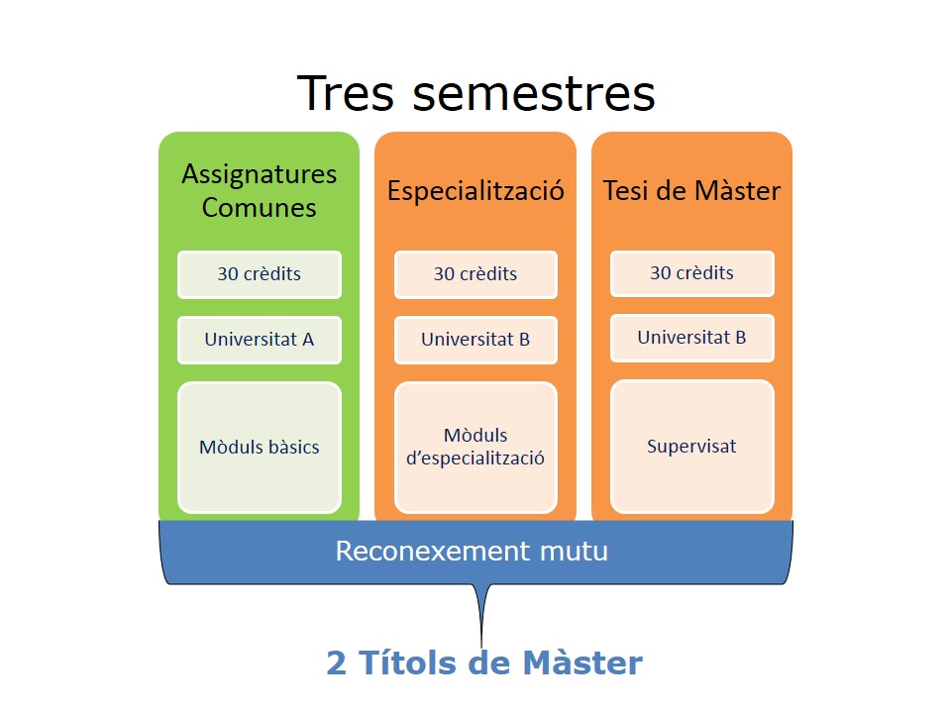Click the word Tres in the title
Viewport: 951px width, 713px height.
pyautogui.click(x=346, y=93)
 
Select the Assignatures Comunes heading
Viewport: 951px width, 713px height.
pyautogui.click(x=259, y=190)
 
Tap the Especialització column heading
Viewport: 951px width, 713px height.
pyautogui.click(x=475, y=191)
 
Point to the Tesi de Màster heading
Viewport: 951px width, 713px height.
pyautogui.click(x=691, y=190)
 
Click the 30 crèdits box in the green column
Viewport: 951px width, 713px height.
pyautogui.click(x=259, y=274)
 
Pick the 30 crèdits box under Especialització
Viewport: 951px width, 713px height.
pyautogui.click(x=475, y=274)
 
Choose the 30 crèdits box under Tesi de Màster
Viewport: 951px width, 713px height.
pyautogui.click(x=692, y=273)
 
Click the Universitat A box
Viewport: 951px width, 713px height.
pyautogui.click(x=259, y=340)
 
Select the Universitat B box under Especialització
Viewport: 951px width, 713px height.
pyautogui.click(x=475, y=340)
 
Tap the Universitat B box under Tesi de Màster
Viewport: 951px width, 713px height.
pyautogui.click(x=692, y=338)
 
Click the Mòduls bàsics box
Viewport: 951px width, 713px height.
pyautogui.click(x=259, y=448)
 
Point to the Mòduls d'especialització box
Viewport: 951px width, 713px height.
pyautogui.click(x=475, y=448)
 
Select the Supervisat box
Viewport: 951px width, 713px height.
pyautogui.click(x=692, y=447)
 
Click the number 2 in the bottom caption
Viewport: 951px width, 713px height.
pyautogui.click(x=336, y=662)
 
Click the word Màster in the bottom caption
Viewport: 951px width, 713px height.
pyautogui.click(x=582, y=662)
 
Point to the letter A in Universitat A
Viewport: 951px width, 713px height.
pyautogui.click(x=307, y=340)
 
